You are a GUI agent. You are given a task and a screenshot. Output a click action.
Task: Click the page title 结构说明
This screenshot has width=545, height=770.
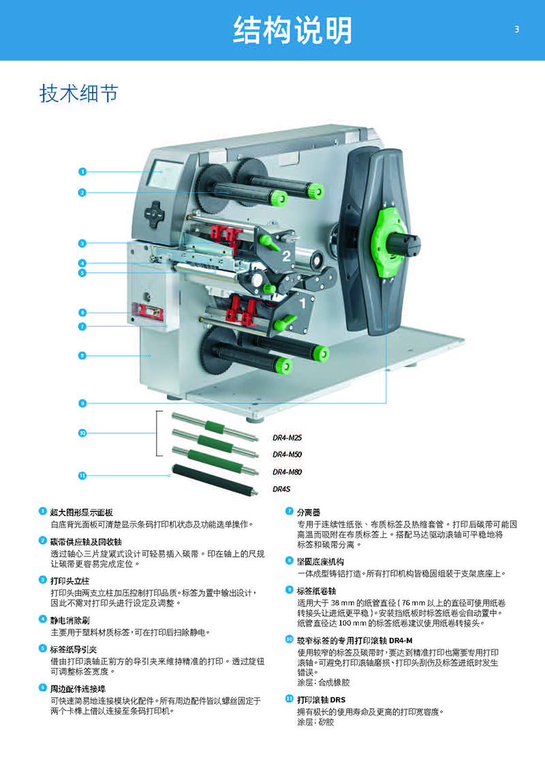click(x=293, y=30)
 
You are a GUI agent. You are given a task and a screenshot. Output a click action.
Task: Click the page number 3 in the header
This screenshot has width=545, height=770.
click(x=516, y=29)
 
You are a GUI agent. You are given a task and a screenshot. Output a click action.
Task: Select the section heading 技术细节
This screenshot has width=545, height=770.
click(x=78, y=93)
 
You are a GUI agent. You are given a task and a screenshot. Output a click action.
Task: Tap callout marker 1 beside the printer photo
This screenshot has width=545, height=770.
click(x=82, y=172)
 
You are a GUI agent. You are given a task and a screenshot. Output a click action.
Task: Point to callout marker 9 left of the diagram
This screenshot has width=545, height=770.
click(x=82, y=403)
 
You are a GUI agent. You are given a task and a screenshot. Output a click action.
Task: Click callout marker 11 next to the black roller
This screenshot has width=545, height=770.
click(x=82, y=475)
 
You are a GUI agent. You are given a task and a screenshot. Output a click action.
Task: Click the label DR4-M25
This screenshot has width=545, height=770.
click(x=287, y=438)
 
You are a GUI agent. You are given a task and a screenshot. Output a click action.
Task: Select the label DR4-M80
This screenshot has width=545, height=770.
click(x=287, y=472)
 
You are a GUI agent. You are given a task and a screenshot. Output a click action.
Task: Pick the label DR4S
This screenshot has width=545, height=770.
click(x=281, y=489)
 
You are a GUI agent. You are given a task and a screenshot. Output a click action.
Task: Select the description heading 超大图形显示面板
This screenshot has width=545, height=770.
click(x=82, y=512)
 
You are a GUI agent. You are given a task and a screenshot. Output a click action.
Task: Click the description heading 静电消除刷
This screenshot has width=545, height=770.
click(x=69, y=620)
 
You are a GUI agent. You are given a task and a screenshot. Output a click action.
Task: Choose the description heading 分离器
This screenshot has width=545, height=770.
click(x=309, y=512)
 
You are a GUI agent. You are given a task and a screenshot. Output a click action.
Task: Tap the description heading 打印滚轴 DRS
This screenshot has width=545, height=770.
click(x=321, y=700)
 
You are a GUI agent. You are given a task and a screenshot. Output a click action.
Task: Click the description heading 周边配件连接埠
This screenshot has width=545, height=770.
click(x=78, y=689)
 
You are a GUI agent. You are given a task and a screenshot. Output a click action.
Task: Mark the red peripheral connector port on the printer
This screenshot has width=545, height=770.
click(x=146, y=311)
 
